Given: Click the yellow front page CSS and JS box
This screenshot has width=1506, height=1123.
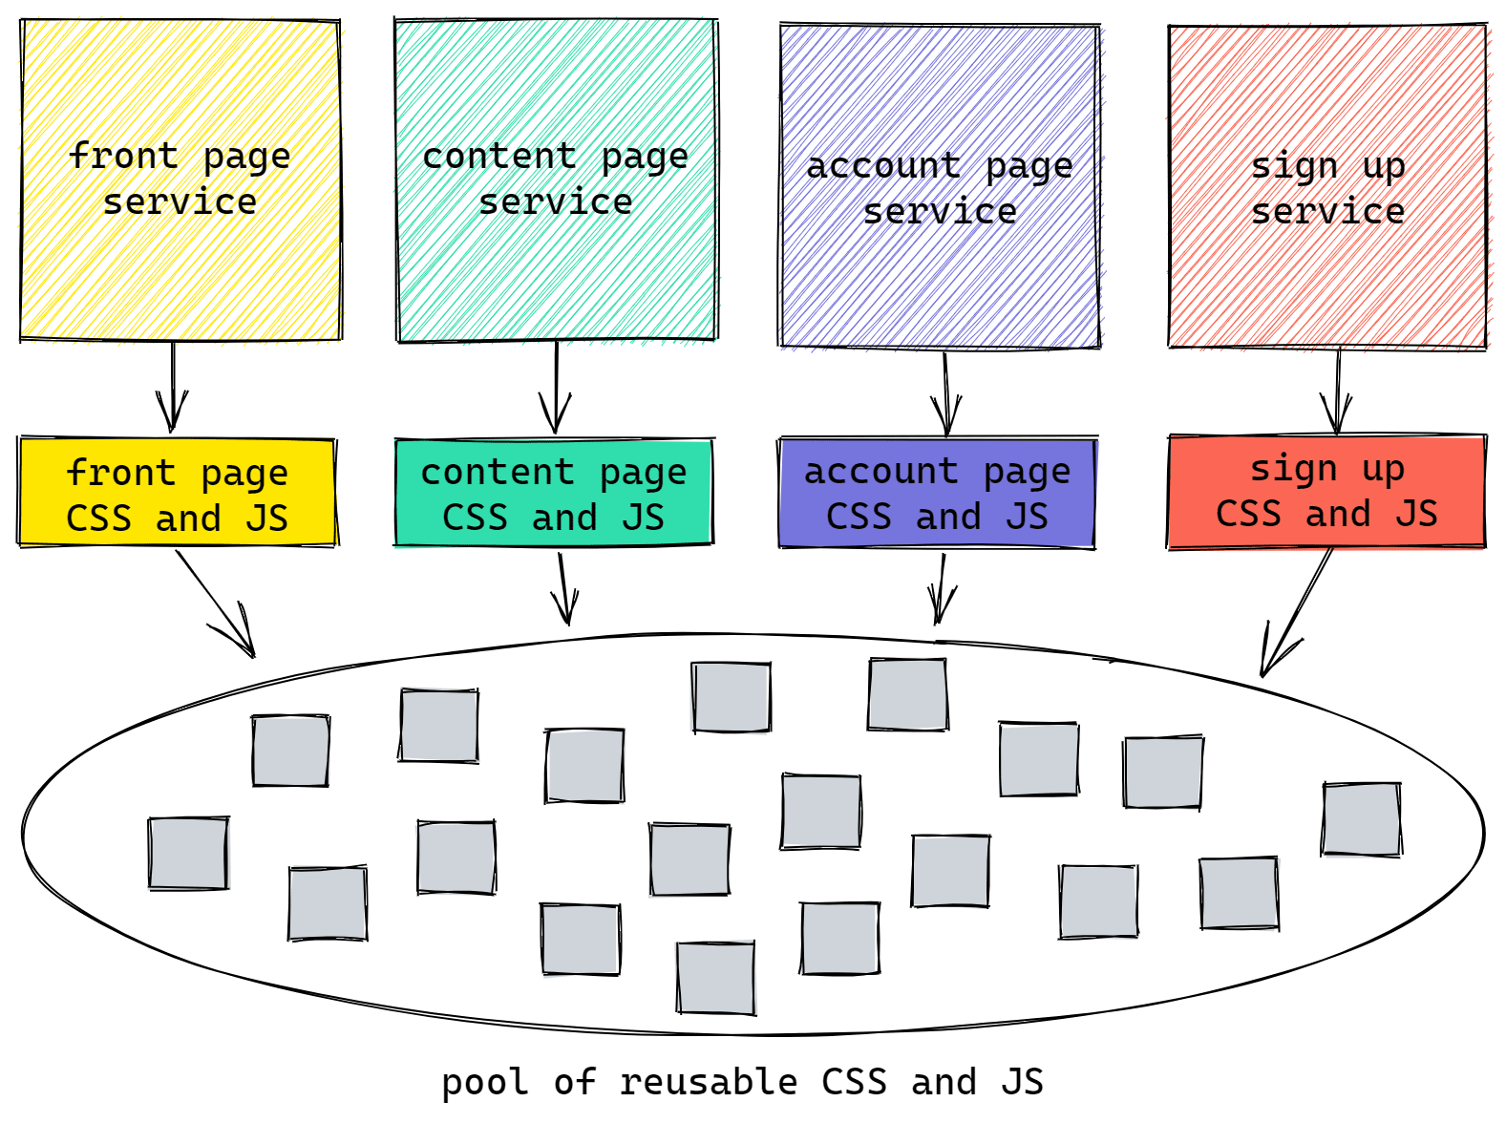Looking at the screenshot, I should tap(177, 493).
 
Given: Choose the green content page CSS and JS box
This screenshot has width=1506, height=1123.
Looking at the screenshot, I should tap(554, 493).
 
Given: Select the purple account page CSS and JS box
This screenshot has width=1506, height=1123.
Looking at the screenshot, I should tap(937, 493).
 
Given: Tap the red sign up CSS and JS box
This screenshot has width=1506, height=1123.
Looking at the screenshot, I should tap(1326, 491).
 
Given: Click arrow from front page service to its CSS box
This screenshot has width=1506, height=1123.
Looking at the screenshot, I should tap(173, 387).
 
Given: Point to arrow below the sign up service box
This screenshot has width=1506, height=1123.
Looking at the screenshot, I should tap(1337, 392).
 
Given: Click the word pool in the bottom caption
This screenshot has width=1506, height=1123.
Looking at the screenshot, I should tap(484, 1083).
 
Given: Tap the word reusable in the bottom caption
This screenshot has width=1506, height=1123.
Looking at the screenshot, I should tap(708, 1083).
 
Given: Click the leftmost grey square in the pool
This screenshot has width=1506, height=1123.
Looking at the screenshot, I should tap(188, 854).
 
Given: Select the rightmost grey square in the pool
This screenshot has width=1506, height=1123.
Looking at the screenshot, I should tap(1362, 819).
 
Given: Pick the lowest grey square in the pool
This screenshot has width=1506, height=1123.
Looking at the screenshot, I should tap(716, 978).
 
